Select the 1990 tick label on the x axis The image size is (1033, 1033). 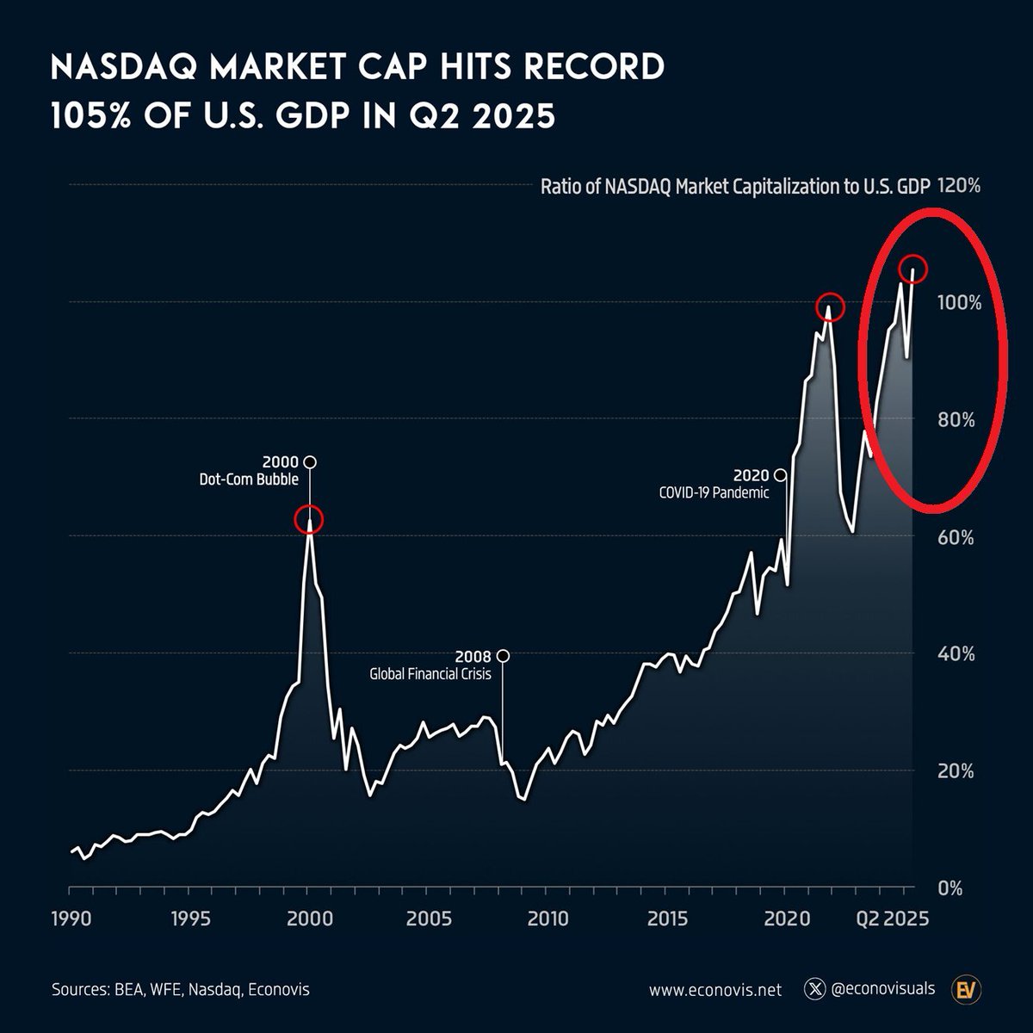pyautogui.click(x=70, y=918)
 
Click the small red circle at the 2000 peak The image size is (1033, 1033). pyautogui.click(x=309, y=519)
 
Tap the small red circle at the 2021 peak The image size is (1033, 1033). pyautogui.click(x=831, y=307)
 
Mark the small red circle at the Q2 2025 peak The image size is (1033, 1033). pyautogui.click(x=912, y=269)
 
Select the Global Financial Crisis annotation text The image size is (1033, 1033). pyautogui.click(x=430, y=674)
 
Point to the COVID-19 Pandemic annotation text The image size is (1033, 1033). pyautogui.click(x=714, y=493)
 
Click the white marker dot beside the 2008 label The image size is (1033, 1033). pyautogui.click(x=503, y=656)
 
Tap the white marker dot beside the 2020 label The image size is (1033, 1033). pyautogui.click(x=780, y=475)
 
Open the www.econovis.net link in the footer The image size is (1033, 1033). pyautogui.click(x=715, y=990)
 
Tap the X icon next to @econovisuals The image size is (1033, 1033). pyautogui.click(x=813, y=990)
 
